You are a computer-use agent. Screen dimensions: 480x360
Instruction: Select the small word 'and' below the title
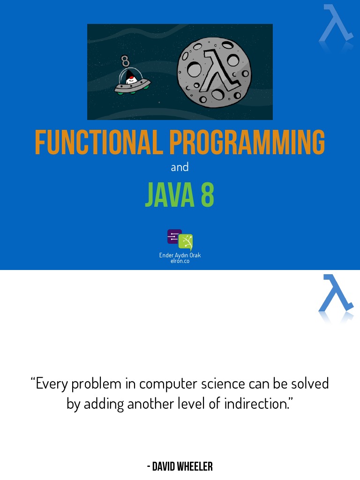pyautogui.click(x=180, y=167)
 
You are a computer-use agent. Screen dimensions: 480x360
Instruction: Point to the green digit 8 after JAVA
pyautogui.click(x=208, y=195)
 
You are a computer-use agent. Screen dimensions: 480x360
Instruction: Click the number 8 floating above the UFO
pyautogui.click(x=125, y=61)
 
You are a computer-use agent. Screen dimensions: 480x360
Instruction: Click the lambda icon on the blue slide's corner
pyautogui.click(x=335, y=23)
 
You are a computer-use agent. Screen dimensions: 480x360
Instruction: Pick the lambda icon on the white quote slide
pyautogui.click(x=335, y=294)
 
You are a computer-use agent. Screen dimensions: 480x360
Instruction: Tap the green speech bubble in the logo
pyautogui.click(x=186, y=241)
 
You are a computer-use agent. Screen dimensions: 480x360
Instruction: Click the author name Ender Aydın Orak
pyautogui.click(x=180, y=255)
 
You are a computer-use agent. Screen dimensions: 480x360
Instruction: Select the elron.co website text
pyautogui.click(x=180, y=261)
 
